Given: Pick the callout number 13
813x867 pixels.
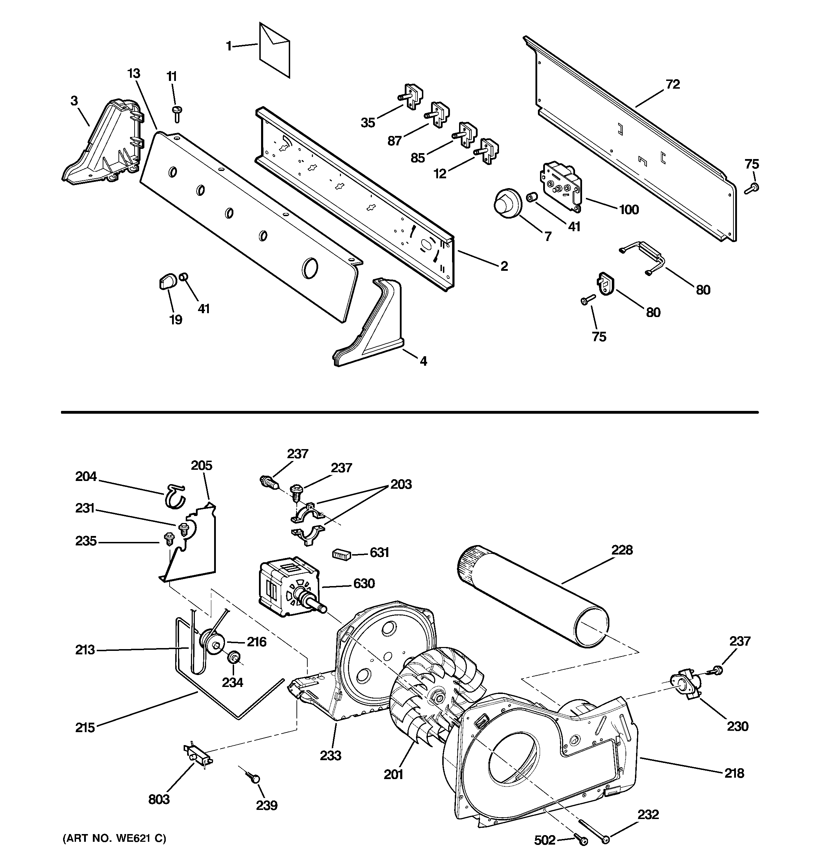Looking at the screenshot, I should [134, 74].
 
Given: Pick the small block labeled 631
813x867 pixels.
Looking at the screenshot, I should [342, 555].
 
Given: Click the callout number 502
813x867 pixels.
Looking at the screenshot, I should [545, 840].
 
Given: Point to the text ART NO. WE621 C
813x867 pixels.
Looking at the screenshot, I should [114, 839].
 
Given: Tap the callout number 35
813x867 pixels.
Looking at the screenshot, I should [368, 123].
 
